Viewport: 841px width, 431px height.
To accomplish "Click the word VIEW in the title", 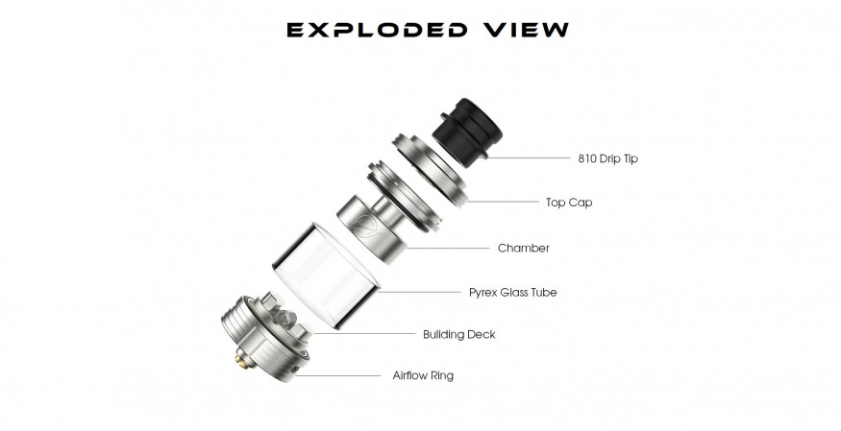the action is point(525,30).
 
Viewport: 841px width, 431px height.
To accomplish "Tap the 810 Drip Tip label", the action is point(607,158).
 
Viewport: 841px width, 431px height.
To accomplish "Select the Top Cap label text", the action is point(569,203).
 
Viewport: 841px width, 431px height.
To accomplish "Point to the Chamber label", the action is point(524,248).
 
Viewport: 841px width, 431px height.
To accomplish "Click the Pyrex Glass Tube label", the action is point(512,293).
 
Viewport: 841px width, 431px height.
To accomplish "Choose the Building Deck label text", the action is point(459,334).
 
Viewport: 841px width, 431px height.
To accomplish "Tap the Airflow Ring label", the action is point(423,375).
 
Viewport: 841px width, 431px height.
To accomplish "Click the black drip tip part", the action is point(467,129).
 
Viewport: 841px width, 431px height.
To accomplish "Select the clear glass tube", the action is point(326,275).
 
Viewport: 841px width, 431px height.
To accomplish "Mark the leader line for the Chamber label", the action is point(448,249).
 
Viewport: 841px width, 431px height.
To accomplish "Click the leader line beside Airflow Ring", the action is point(338,376).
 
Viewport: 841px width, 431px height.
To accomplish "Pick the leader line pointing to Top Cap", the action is point(503,203).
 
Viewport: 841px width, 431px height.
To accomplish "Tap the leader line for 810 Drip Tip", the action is point(529,158).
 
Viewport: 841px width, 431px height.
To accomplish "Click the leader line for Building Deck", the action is point(364,334).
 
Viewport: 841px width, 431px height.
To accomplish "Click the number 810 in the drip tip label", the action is point(587,158).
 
